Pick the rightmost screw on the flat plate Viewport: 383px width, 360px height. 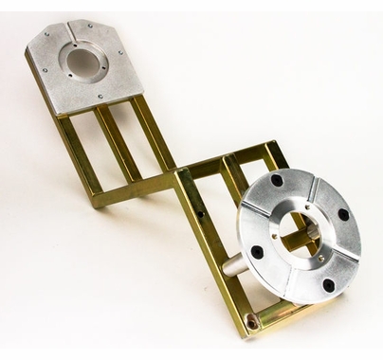(120, 54)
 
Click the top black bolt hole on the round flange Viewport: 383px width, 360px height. (276, 180)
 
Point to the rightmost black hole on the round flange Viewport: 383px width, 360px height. (343, 215)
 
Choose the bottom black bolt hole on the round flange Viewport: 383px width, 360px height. (328, 284)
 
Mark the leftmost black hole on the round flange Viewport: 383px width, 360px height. (257, 252)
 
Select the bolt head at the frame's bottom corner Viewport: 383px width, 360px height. (252, 321)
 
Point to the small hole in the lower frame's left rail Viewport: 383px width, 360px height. (201, 215)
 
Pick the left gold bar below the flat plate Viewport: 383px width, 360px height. (80, 152)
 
